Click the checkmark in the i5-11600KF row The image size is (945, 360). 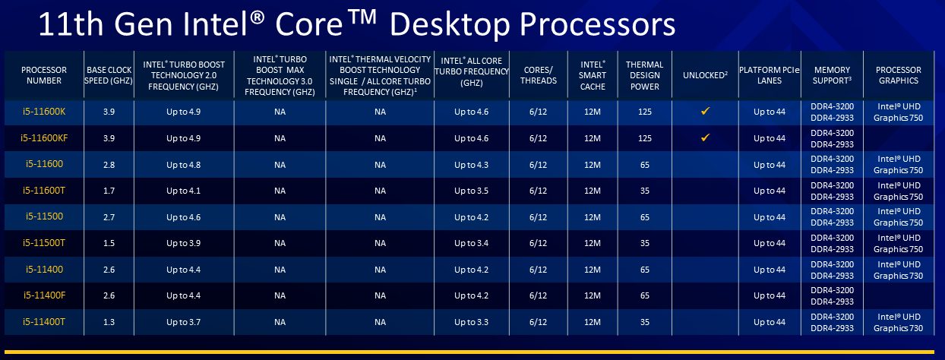point(705,137)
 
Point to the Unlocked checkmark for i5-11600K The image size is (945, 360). point(705,112)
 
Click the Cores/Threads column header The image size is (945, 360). point(540,74)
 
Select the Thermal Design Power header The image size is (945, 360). point(645,74)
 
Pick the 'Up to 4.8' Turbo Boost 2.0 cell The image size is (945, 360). point(182,165)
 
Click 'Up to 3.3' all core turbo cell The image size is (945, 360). point(471,322)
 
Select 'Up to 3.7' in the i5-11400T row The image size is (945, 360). point(182,322)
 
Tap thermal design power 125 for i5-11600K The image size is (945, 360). point(645,112)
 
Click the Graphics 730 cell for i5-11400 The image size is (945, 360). point(898,270)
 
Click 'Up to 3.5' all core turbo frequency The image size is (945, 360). point(471,191)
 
